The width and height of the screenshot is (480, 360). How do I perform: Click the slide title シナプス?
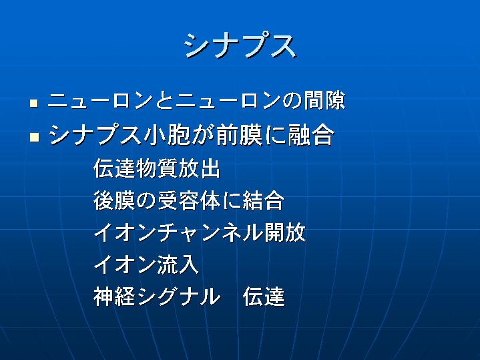(240, 46)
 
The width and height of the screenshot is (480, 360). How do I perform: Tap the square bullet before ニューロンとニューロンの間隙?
(34, 103)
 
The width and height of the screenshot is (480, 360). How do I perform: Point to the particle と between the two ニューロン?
(165, 100)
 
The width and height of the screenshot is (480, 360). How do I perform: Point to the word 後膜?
(114, 200)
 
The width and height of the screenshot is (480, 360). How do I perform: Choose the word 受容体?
(189, 200)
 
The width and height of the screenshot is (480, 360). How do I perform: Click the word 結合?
(263, 200)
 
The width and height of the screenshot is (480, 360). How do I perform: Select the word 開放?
(284, 233)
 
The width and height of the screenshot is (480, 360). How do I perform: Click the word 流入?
(178, 264)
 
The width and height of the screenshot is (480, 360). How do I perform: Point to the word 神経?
(114, 297)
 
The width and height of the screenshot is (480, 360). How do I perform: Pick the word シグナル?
(178, 297)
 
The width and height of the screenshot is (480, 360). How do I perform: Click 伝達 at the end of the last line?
(263, 297)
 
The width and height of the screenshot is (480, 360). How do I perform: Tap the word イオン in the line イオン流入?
(125, 264)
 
